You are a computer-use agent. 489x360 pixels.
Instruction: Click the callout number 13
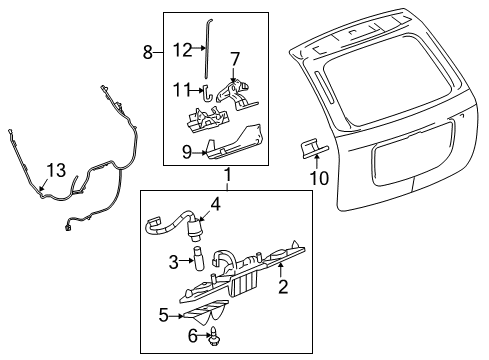coord(55,169)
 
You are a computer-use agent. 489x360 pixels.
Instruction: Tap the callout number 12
coord(181,49)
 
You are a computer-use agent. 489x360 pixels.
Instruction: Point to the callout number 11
coord(181,89)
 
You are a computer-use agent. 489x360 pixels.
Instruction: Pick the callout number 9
coord(185,151)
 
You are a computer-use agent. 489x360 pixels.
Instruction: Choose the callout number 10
coord(321,178)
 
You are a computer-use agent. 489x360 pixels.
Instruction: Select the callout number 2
coord(283,288)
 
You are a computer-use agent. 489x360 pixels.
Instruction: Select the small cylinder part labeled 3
coord(198,263)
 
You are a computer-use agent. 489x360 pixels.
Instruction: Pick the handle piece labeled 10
coord(310,149)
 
